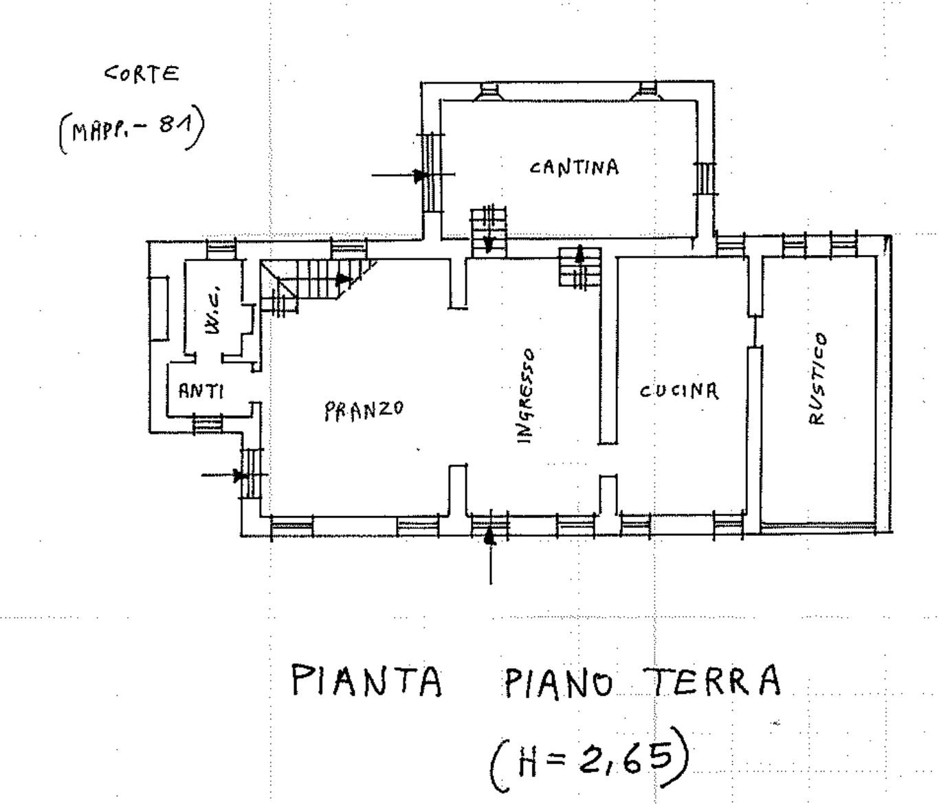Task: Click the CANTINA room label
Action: coord(574,167)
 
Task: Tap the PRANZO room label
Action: coord(364,410)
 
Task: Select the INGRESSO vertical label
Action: coord(525,395)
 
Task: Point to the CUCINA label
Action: coord(678,391)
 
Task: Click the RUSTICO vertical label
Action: coord(817,379)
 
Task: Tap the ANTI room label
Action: coord(201,391)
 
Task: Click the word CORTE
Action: coord(142,74)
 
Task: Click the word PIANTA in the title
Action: coord(366,680)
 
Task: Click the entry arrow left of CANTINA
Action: coord(399,176)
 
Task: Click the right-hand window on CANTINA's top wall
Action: coord(647,91)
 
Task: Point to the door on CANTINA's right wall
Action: coord(705,178)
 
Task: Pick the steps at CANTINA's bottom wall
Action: coord(488,230)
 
